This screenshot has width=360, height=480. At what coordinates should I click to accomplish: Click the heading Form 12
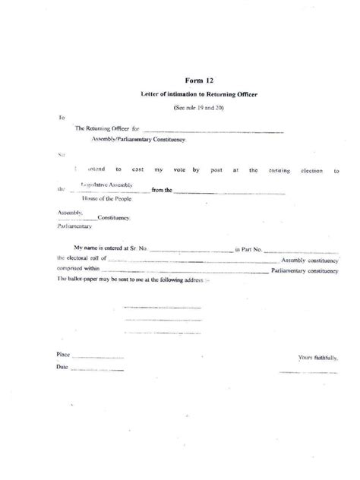[196, 79]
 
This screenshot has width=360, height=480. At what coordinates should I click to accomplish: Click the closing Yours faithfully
[317, 357]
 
